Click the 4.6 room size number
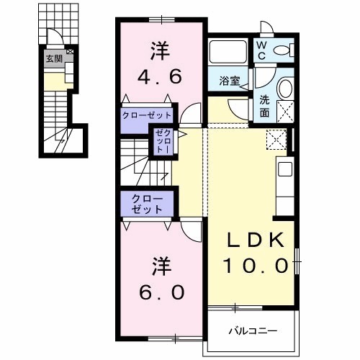coord(160,76)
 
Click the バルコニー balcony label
coord(253,331)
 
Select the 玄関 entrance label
coord(53,59)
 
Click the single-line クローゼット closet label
coord(146,115)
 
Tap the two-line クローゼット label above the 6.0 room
coord(147,203)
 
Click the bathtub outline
coord(228,52)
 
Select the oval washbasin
coord(284,89)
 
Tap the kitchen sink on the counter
coord(284,170)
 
